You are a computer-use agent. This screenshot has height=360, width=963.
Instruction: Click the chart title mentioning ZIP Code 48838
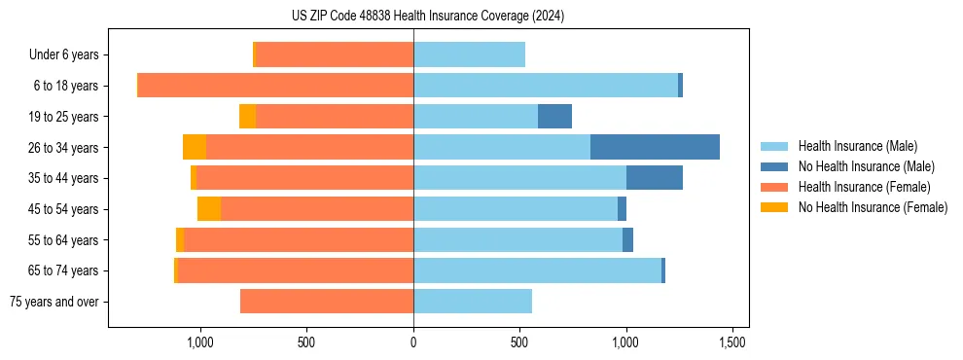(427, 17)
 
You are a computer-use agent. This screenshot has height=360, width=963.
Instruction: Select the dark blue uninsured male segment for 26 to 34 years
(655, 147)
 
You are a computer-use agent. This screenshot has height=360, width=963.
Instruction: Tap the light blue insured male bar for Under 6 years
(469, 54)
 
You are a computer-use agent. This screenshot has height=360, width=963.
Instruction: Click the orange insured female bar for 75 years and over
(327, 302)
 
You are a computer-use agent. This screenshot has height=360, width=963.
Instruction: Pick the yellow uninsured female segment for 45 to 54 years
(209, 209)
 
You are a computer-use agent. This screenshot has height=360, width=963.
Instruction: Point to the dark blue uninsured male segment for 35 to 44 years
(655, 178)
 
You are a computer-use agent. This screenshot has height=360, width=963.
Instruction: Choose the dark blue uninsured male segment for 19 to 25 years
(554, 117)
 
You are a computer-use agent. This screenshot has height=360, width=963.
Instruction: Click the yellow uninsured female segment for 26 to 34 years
(195, 147)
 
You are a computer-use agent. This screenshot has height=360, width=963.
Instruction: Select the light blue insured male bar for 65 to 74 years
(537, 270)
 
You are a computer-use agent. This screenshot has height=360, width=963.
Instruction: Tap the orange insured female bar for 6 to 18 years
(276, 86)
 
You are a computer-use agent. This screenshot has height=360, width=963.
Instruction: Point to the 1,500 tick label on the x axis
(732, 342)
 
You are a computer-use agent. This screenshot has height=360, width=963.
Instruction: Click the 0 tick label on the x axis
(413, 342)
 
